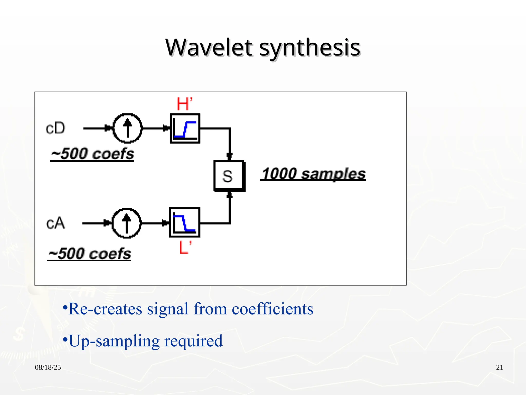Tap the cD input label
point(56,128)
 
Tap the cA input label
point(56,223)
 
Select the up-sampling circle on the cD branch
point(127,128)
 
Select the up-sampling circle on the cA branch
point(126,223)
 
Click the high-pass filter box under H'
point(185,128)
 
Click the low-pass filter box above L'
point(185,222)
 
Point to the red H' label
point(184,104)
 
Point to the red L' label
point(185,247)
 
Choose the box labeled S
point(229,176)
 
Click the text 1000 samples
point(313,174)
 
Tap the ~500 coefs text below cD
point(92,154)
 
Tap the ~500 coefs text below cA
point(90,253)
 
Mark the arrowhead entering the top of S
point(229,156)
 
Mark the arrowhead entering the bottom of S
point(229,195)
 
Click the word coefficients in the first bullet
point(273,309)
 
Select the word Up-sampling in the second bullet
point(114,341)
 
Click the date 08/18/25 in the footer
point(48,367)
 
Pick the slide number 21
point(499,367)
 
